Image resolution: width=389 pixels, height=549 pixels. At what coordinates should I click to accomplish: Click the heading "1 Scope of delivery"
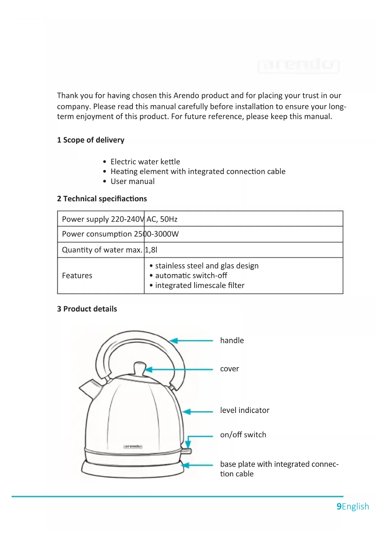coord(91,140)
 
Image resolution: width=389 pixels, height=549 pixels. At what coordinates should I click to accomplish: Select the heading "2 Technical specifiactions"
coord(102,199)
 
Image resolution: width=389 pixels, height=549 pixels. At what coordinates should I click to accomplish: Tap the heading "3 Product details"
coord(87,309)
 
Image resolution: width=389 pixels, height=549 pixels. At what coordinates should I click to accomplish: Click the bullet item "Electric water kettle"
coord(145,162)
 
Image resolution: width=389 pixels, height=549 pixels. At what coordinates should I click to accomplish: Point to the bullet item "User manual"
coord(132,182)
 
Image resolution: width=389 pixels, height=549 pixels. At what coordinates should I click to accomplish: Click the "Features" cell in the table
coord(77,276)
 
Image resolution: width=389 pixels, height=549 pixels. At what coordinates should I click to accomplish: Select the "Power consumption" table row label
coord(97,234)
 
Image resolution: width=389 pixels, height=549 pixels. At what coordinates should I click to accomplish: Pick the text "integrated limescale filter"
coord(199,285)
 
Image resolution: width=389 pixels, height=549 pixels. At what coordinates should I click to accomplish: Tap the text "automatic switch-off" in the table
coord(191,275)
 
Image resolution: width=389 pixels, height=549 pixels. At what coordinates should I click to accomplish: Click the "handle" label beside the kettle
coord(232,341)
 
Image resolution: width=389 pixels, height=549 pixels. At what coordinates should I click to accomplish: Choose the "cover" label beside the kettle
coord(229,369)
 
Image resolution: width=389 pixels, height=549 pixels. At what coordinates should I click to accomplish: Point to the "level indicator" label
coord(244,410)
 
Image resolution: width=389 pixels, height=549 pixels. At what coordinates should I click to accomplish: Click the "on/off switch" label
coord(243,435)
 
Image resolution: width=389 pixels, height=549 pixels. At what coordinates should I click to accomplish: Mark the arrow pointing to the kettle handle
coord(191,341)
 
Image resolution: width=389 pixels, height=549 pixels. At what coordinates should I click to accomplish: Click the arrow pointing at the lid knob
coord(179,370)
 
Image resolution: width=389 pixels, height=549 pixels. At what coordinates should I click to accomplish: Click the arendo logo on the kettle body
coord(133,446)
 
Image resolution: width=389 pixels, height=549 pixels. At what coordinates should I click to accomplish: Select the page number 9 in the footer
coord(339,506)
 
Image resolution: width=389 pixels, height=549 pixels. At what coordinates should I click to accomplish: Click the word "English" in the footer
coord(355,506)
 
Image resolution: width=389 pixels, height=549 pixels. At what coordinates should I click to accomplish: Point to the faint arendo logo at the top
coord(298,65)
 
